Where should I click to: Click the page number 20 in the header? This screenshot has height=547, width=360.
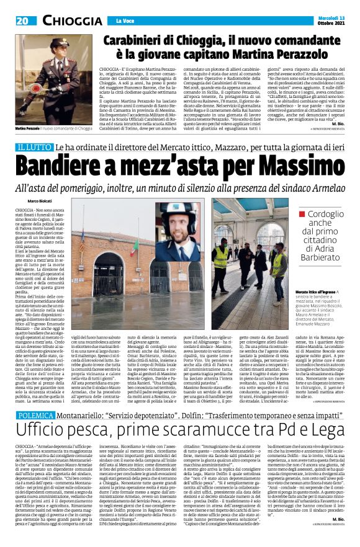(x=21, y=20)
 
